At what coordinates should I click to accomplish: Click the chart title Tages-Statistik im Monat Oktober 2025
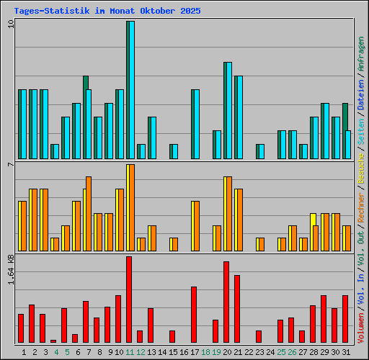point(107,12)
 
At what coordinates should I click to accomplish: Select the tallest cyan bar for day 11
point(130,90)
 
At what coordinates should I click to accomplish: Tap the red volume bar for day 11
point(129,300)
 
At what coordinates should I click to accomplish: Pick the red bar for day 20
point(226,302)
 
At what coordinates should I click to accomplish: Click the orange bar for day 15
point(174,244)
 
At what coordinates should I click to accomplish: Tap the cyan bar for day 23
point(260,151)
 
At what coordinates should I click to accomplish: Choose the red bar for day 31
point(345,319)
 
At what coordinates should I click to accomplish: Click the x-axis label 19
point(217,352)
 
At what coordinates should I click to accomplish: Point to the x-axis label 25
point(281,352)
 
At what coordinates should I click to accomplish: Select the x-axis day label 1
point(25,352)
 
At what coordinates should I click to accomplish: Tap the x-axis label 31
point(346,352)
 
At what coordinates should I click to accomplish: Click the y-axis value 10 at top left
point(10,24)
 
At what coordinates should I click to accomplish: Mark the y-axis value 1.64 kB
point(10,270)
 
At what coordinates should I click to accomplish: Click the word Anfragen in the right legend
point(361,54)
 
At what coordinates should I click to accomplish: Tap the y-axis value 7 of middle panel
point(10,166)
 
